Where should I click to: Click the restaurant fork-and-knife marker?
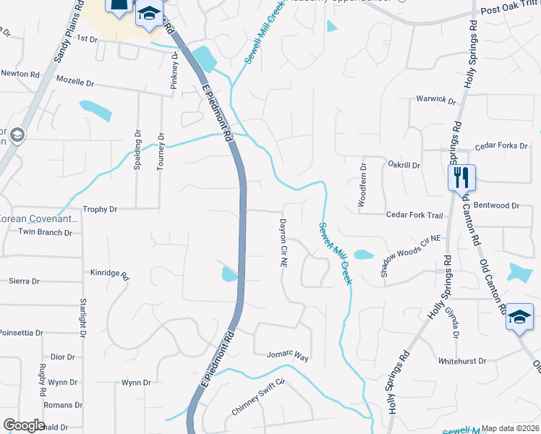(x=461, y=176)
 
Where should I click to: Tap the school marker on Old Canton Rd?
(x=519, y=317)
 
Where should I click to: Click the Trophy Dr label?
(x=100, y=209)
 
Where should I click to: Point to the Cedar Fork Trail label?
(x=414, y=215)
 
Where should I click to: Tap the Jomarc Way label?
(x=288, y=357)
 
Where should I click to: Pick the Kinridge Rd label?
(x=109, y=275)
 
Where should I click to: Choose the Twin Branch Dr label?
(x=45, y=232)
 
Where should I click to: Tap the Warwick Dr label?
(x=435, y=100)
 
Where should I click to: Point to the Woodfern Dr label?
(x=363, y=186)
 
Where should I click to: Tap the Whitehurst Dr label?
(x=462, y=360)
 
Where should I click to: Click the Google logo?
(x=24, y=425)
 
